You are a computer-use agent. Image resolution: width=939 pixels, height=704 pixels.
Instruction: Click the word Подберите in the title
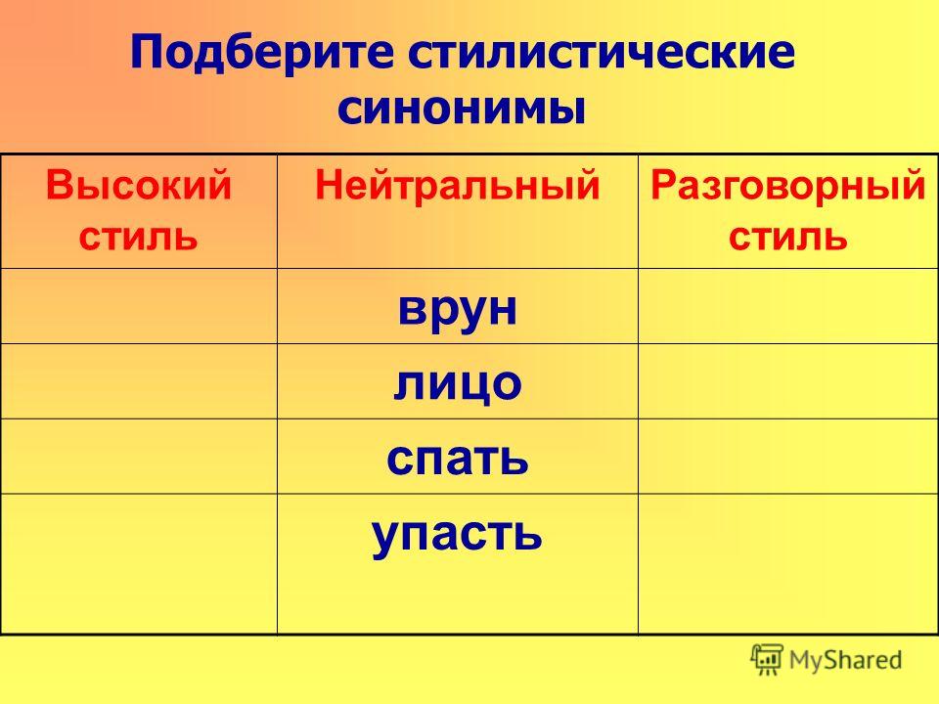pos(262,52)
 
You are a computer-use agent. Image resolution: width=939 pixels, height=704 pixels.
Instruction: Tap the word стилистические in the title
pos(602,52)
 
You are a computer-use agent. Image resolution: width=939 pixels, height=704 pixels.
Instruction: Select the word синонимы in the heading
pos(461,109)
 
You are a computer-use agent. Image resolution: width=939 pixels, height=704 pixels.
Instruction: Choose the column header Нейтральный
pos(458,185)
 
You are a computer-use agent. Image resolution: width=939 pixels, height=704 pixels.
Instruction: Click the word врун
pos(458,309)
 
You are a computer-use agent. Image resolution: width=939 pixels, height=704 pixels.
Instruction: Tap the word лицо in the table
pos(458,383)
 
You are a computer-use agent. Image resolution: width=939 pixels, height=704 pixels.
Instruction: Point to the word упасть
pos(458,535)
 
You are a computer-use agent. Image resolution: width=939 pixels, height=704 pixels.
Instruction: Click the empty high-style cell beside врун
pos(139,306)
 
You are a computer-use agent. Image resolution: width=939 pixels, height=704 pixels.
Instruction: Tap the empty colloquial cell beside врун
pos(787,306)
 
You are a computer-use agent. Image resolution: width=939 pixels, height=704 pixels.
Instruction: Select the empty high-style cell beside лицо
pos(139,381)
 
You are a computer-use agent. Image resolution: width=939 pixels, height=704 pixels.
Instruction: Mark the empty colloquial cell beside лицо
pos(787,381)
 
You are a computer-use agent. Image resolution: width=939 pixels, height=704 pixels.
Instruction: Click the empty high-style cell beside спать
pos(139,457)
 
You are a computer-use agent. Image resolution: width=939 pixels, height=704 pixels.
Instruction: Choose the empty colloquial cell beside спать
pos(787,457)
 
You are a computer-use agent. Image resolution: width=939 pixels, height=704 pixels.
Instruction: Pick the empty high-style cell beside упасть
pos(139,563)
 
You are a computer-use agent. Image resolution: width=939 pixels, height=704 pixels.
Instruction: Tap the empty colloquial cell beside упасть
pos(787,563)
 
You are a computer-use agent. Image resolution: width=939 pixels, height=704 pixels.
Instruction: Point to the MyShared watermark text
pos(845,660)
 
